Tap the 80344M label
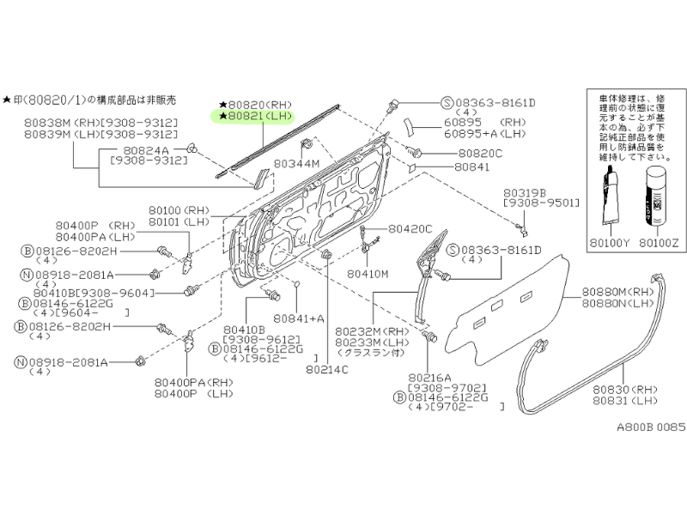tap(297, 162)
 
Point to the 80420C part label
tap(410, 229)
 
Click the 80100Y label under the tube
tap(609, 243)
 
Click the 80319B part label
tap(526, 193)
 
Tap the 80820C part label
tap(480, 153)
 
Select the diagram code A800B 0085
tap(641, 426)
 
